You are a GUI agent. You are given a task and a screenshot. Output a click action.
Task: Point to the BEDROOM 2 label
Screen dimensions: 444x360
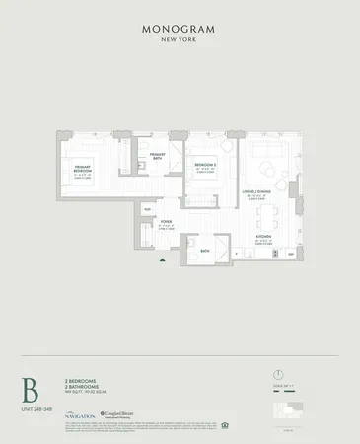tap(205, 166)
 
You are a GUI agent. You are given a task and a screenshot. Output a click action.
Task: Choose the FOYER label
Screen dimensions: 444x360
tap(166, 223)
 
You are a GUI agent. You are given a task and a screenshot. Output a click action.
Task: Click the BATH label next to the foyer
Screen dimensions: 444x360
tap(205, 252)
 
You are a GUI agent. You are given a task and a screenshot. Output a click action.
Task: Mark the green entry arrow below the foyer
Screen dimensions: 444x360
tap(162, 260)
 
